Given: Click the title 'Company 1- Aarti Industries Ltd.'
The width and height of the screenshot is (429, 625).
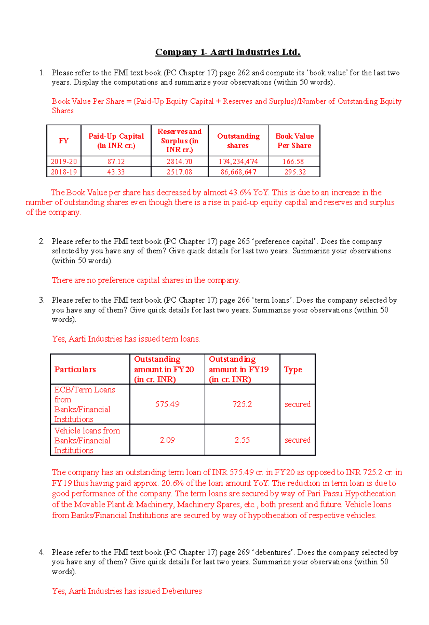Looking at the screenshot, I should click(228, 52).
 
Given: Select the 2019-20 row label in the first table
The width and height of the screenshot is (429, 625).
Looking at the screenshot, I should click(64, 162).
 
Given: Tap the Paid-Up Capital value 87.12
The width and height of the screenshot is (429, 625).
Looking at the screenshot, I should click(116, 162).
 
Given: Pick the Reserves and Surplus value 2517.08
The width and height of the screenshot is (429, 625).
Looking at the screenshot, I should click(179, 172).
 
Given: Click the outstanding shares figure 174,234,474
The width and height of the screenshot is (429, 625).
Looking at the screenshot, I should click(238, 162).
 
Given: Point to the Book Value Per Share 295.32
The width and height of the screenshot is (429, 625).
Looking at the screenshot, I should click(295, 172).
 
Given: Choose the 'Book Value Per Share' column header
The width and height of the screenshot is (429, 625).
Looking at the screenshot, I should click(294, 141).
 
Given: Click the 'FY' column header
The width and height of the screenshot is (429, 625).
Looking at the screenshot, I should click(64, 141).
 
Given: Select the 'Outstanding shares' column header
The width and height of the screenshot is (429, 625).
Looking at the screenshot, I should click(238, 141).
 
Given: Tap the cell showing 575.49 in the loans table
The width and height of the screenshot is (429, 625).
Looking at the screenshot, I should click(167, 404).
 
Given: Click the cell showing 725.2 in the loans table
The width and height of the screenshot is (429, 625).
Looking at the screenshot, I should click(242, 404).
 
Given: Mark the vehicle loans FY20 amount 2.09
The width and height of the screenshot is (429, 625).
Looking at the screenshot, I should click(167, 440).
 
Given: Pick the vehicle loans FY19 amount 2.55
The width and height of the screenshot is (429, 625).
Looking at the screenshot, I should click(242, 440).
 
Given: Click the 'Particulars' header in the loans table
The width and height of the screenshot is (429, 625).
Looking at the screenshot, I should click(75, 369).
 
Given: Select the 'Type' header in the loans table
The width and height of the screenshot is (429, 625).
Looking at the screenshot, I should click(293, 369).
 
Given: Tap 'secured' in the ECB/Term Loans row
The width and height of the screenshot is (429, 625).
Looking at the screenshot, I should click(297, 404).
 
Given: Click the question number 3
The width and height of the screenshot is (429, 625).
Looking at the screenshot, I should click(41, 300).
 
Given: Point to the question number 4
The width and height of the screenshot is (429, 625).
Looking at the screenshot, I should click(41, 552).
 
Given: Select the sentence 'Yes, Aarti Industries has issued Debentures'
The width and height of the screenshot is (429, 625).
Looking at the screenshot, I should click(127, 591).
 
